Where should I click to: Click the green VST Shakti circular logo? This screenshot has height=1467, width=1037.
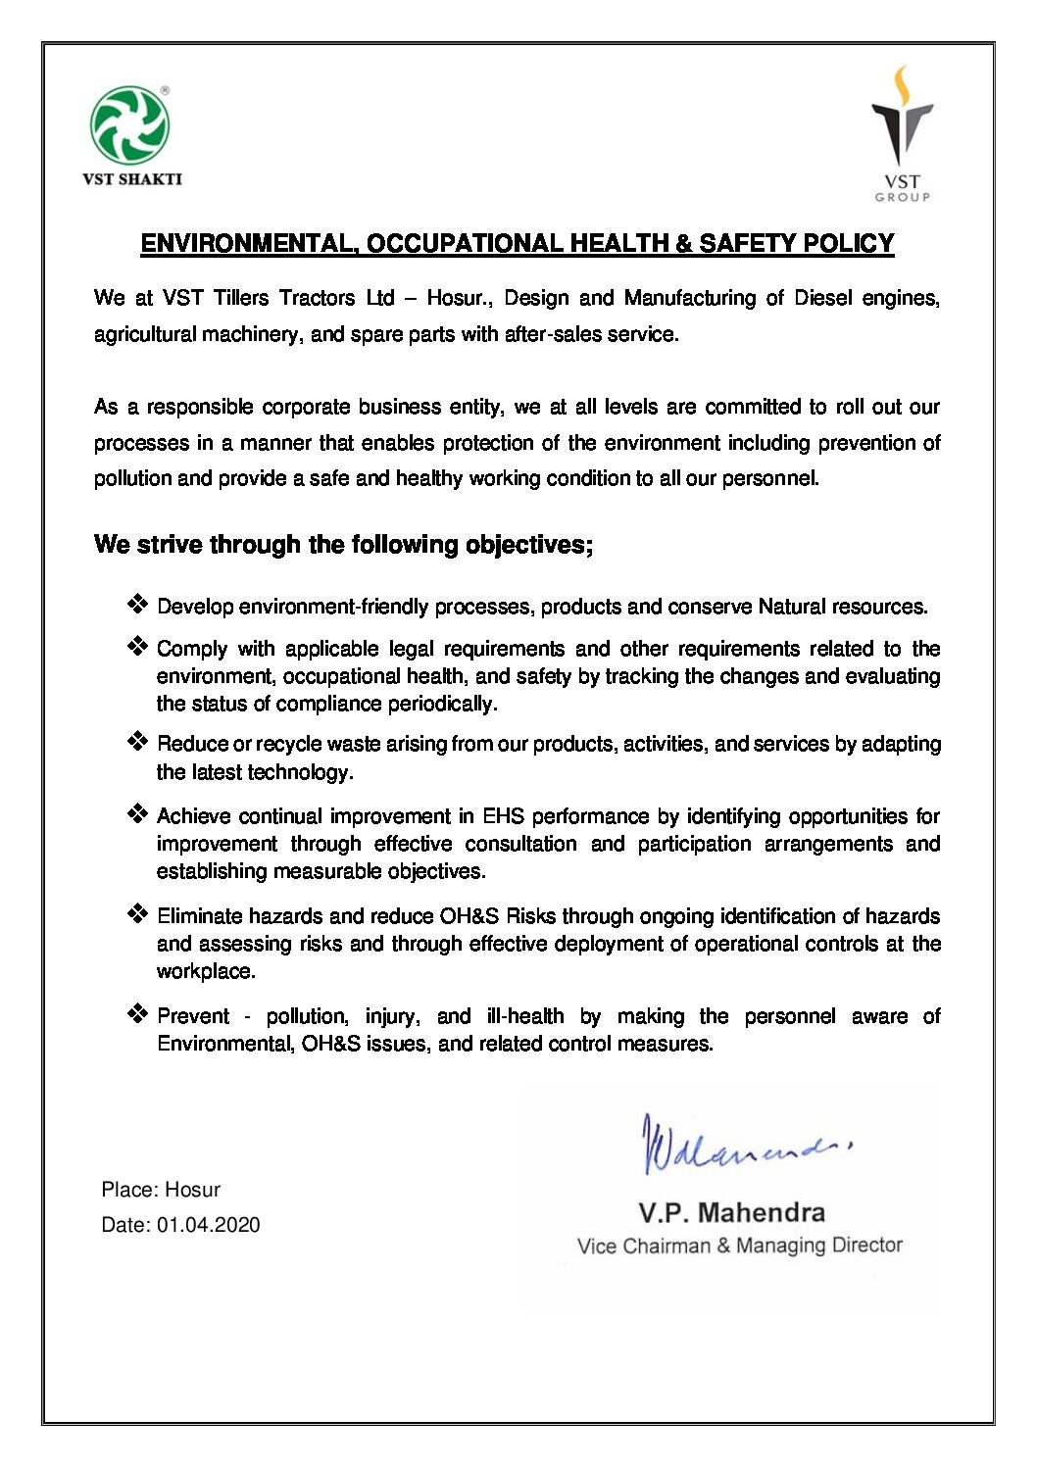pyautogui.click(x=129, y=125)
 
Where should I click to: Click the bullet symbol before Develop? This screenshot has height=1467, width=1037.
pyautogui.click(x=137, y=604)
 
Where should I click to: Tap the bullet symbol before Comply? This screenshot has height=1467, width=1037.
pyautogui.click(x=137, y=646)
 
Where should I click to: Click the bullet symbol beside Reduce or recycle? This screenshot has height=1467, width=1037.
pyautogui.click(x=137, y=741)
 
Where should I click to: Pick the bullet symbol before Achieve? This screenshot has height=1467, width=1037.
pyautogui.click(x=137, y=813)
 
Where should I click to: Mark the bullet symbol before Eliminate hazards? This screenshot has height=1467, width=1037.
pyautogui.click(x=137, y=913)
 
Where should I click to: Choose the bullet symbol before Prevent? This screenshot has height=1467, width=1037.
pyautogui.click(x=137, y=1013)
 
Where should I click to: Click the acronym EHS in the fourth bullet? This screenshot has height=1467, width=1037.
pyautogui.click(x=504, y=816)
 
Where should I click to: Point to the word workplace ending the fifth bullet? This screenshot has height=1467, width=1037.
pyautogui.click(x=206, y=971)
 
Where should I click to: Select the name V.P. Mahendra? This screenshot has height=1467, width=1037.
pyautogui.click(x=731, y=1213)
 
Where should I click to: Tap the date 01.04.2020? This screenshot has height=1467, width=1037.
pyautogui.click(x=209, y=1225)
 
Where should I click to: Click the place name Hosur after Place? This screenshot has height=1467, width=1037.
pyautogui.click(x=192, y=1190)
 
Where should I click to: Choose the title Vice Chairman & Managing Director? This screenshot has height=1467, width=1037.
pyautogui.click(x=739, y=1246)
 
